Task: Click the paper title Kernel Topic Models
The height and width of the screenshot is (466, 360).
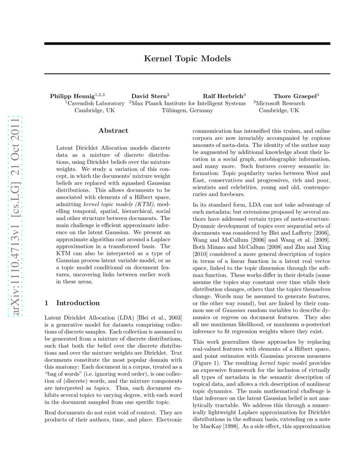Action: (187, 58)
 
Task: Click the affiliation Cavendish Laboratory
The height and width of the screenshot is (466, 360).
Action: (95, 103)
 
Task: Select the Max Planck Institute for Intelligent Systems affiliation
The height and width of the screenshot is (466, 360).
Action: (188, 103)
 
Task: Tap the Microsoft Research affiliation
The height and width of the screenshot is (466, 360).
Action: (280, 103)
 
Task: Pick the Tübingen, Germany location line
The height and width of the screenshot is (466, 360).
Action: (187, 110)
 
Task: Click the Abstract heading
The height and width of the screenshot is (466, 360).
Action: (113, 130)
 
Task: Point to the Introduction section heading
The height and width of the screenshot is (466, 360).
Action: (78, 303)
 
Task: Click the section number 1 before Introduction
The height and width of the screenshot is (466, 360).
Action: (47, 303)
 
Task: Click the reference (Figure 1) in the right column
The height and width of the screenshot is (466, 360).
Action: (208, 363)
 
